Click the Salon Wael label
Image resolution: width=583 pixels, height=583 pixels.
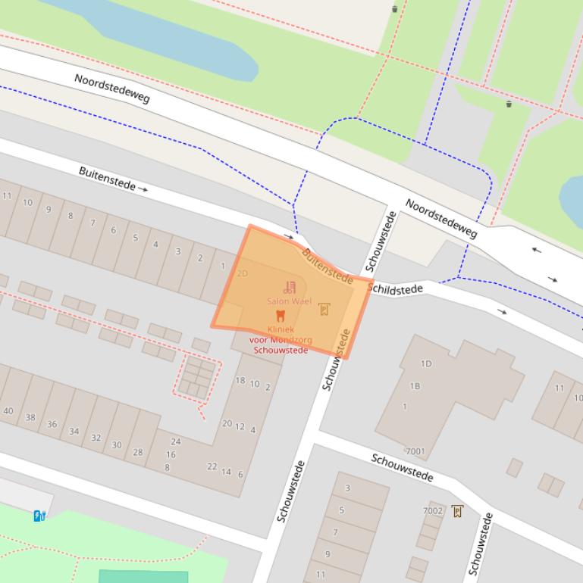289,301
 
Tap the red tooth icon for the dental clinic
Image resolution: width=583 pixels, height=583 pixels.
280,316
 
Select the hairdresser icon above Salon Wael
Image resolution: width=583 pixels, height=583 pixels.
290,288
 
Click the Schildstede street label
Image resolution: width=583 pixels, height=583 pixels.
395,289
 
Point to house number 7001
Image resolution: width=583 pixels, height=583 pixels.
415,451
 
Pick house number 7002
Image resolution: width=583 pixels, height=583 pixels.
432,510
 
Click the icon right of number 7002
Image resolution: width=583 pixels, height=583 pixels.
457,511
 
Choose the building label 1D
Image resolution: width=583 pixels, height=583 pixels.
426,364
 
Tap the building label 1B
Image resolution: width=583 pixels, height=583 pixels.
415,386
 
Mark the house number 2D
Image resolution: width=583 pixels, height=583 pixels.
243,273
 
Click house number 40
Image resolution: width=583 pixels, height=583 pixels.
8,411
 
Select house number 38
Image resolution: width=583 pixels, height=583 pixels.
30,417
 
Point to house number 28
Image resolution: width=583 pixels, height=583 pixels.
138,452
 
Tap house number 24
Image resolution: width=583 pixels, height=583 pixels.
176,441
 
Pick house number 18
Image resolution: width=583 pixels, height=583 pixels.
240,381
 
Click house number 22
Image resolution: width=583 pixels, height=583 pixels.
212,467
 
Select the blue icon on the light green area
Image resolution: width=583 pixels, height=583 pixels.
39,516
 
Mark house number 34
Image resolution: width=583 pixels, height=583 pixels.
74,432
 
